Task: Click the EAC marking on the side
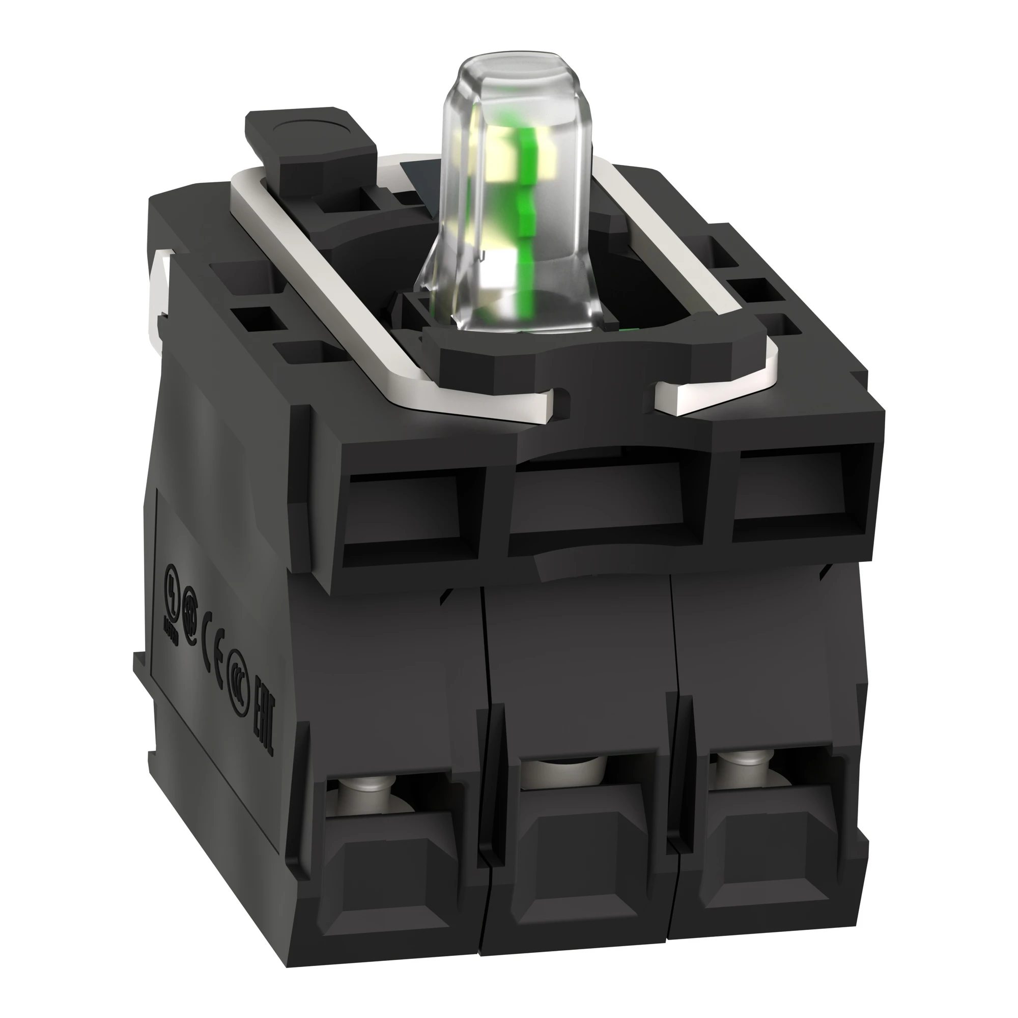pyautogui.click(x=264, y=706)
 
